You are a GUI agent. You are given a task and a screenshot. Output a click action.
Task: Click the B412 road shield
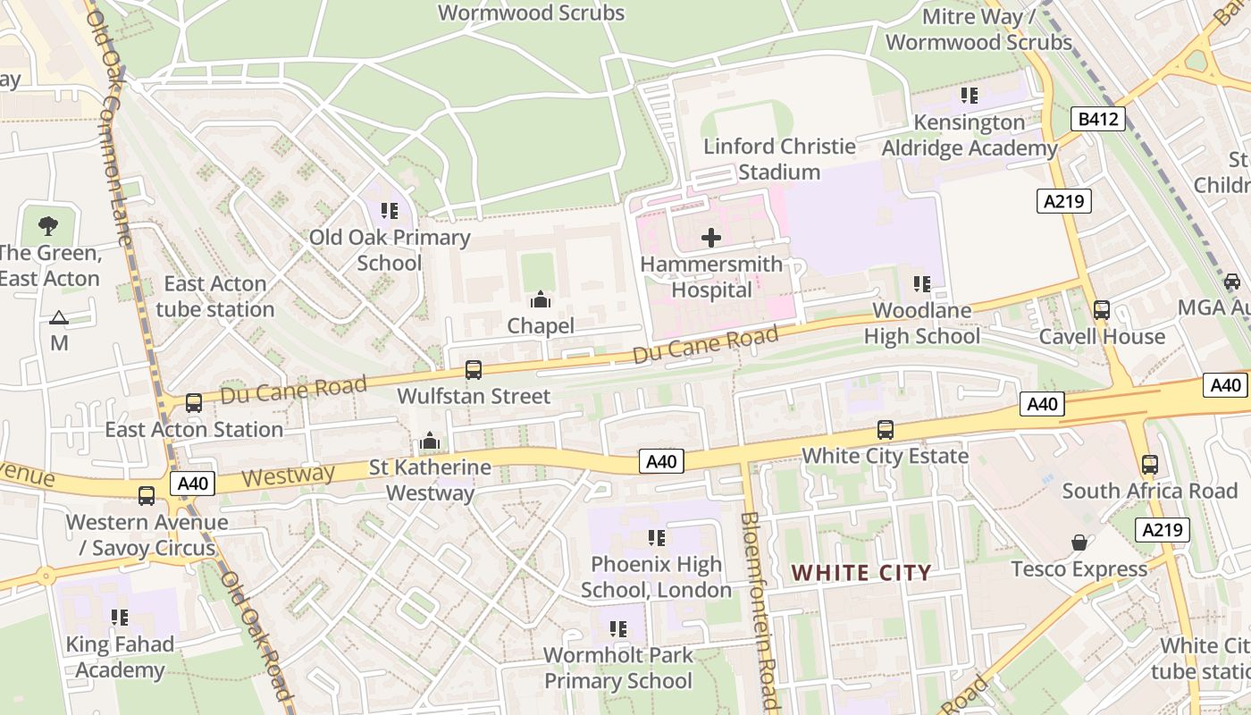click(x=1097, y=119)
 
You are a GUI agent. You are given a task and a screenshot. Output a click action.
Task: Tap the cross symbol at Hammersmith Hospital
click(x=711, y=238)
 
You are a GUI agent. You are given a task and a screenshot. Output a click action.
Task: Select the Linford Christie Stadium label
click(x=779, y=159)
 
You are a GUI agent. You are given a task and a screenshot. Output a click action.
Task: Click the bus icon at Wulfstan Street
click(x=474, y=369)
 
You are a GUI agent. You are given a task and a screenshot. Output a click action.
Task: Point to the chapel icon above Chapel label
click(x=541, y=299)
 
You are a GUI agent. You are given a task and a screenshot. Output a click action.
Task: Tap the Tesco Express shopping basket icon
click(x=1079, y=543)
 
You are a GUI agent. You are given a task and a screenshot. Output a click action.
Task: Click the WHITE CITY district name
click(x=861, y=573)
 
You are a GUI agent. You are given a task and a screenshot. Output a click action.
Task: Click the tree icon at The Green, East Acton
click(x=49, y=226)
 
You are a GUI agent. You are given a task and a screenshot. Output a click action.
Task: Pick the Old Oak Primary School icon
click(x=389, y=211)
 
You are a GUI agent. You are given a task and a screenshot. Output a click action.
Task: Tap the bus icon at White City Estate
click(x=885, y=430)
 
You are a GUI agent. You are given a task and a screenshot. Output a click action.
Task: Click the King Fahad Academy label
click(x=120, y=657)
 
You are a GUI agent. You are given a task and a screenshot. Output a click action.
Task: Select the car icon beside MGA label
click(x=1232, y=282)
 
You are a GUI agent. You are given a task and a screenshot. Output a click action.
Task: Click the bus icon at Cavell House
click(x=1102, y=310)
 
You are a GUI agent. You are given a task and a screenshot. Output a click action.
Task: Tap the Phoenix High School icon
click(x=657, y=538)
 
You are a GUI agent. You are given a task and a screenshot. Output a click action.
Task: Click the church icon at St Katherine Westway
click(x=430, y=441)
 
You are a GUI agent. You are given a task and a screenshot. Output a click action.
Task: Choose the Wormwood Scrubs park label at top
click(x=531, y=13)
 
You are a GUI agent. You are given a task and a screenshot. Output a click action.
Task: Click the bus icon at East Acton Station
click(x=193, y=403)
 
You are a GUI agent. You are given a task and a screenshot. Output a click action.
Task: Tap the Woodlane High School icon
click(x=921, y=284)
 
